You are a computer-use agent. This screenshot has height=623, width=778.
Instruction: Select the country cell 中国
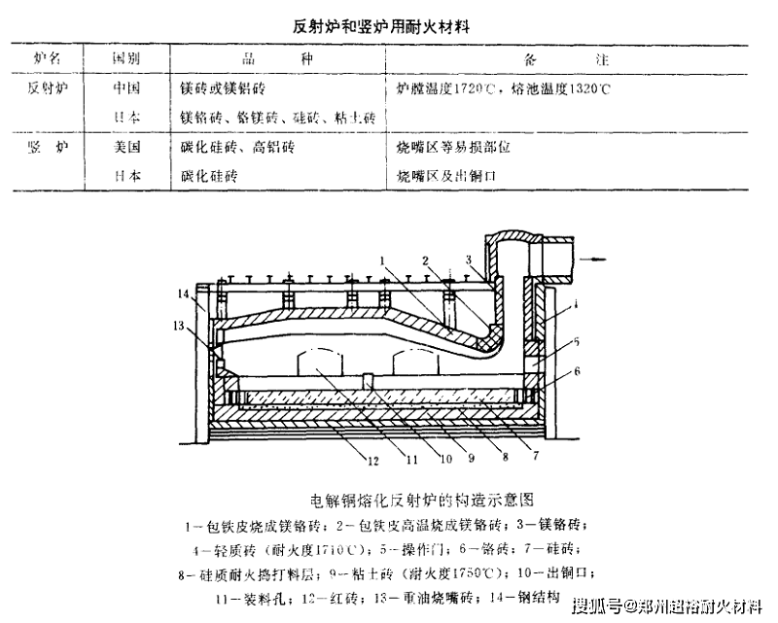tap(125, 88)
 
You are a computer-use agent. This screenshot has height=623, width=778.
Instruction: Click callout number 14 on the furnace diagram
tap(183, 293)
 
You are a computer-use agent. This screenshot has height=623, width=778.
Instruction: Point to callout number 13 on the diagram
tap(178, 325)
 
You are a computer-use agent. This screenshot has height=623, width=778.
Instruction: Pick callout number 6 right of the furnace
tap(576, 370)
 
